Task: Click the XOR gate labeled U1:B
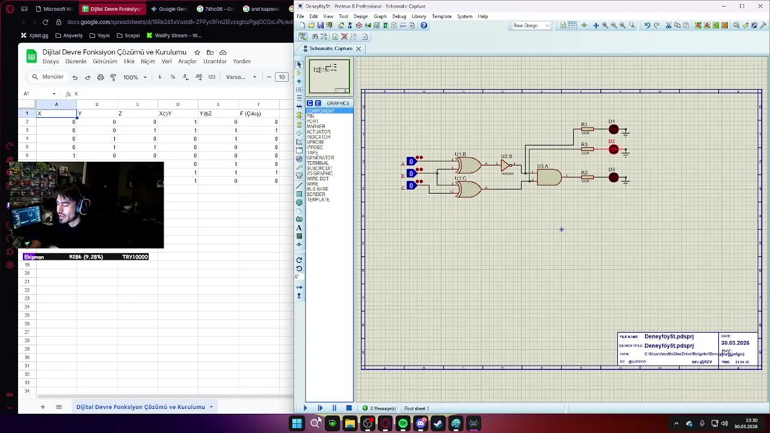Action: pyautogui.click(x=469, y=165)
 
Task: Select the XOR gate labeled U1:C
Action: pyautogui.click(x=469, y=189)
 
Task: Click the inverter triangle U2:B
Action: pyautogui.click(x=506, y=165)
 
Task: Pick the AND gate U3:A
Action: pyautogui.click(x=549, y=177)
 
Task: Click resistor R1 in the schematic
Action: pyautogui.click(x=587, y=129)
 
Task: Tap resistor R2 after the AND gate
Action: pyautogui.click(x=587, y=177)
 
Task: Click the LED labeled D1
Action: pyautogui.click(x=613, y=129)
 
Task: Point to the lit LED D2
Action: pyautogui.click(x=613, y=149)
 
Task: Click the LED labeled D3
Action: pyautogui.click(x=613, y=177)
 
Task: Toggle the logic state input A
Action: pyautogui.click(x=411, y=161)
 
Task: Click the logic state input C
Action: pyautogui.click(x=411, y=186)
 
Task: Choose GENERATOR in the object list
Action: pyautogui.click(x=320, y=158)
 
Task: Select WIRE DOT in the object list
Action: pyautogui.click(x=318, y=179)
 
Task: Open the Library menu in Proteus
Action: pyautogui.click(x=419, y=16)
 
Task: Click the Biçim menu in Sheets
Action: pyautogui.click(x=147, y=61)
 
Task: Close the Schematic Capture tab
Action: pyautogui.click(x=359, y=49)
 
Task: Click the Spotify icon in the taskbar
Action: pyautogui.click(x=403, y=424)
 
